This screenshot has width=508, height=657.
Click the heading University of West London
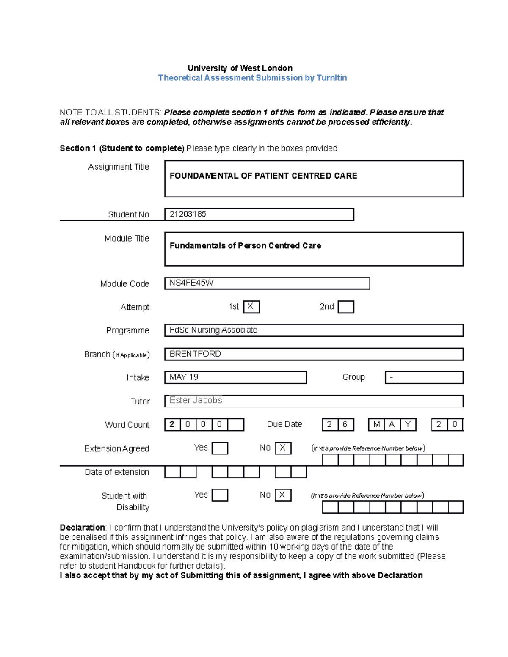[x=240, y=68]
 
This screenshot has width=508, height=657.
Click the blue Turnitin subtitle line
[x=252, y=78]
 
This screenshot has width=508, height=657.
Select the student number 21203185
[x=188, y=214]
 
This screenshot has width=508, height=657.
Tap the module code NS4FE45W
[x=191, y=283]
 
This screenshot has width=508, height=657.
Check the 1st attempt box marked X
[x=251, y=307]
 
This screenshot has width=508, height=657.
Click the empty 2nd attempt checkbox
[x=346, y=307]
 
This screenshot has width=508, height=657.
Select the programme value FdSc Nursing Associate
[x=213, y=330]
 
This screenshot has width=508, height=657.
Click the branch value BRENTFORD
[x=195, y=354]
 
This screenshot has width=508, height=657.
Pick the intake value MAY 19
[x=184, y=377]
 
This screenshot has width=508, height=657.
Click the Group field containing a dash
[x=424, y=377]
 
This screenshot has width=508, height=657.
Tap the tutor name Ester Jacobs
[x=196, y=400]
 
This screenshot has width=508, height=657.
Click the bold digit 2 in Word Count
[x=172, y=424]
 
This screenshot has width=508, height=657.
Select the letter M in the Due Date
[x=376, y=424]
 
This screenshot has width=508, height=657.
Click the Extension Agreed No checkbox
[x=283, y=448]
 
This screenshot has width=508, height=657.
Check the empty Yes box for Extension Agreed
[x=220, y=448]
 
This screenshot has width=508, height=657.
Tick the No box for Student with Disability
[x=283, y=495]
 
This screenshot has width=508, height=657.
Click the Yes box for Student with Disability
[x=220, y=495]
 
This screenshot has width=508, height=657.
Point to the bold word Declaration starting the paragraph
[x=82, y=528]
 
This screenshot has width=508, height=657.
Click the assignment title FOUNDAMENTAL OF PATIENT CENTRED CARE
[x=263, y=176]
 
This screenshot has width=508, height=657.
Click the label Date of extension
[x=117, y=472]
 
